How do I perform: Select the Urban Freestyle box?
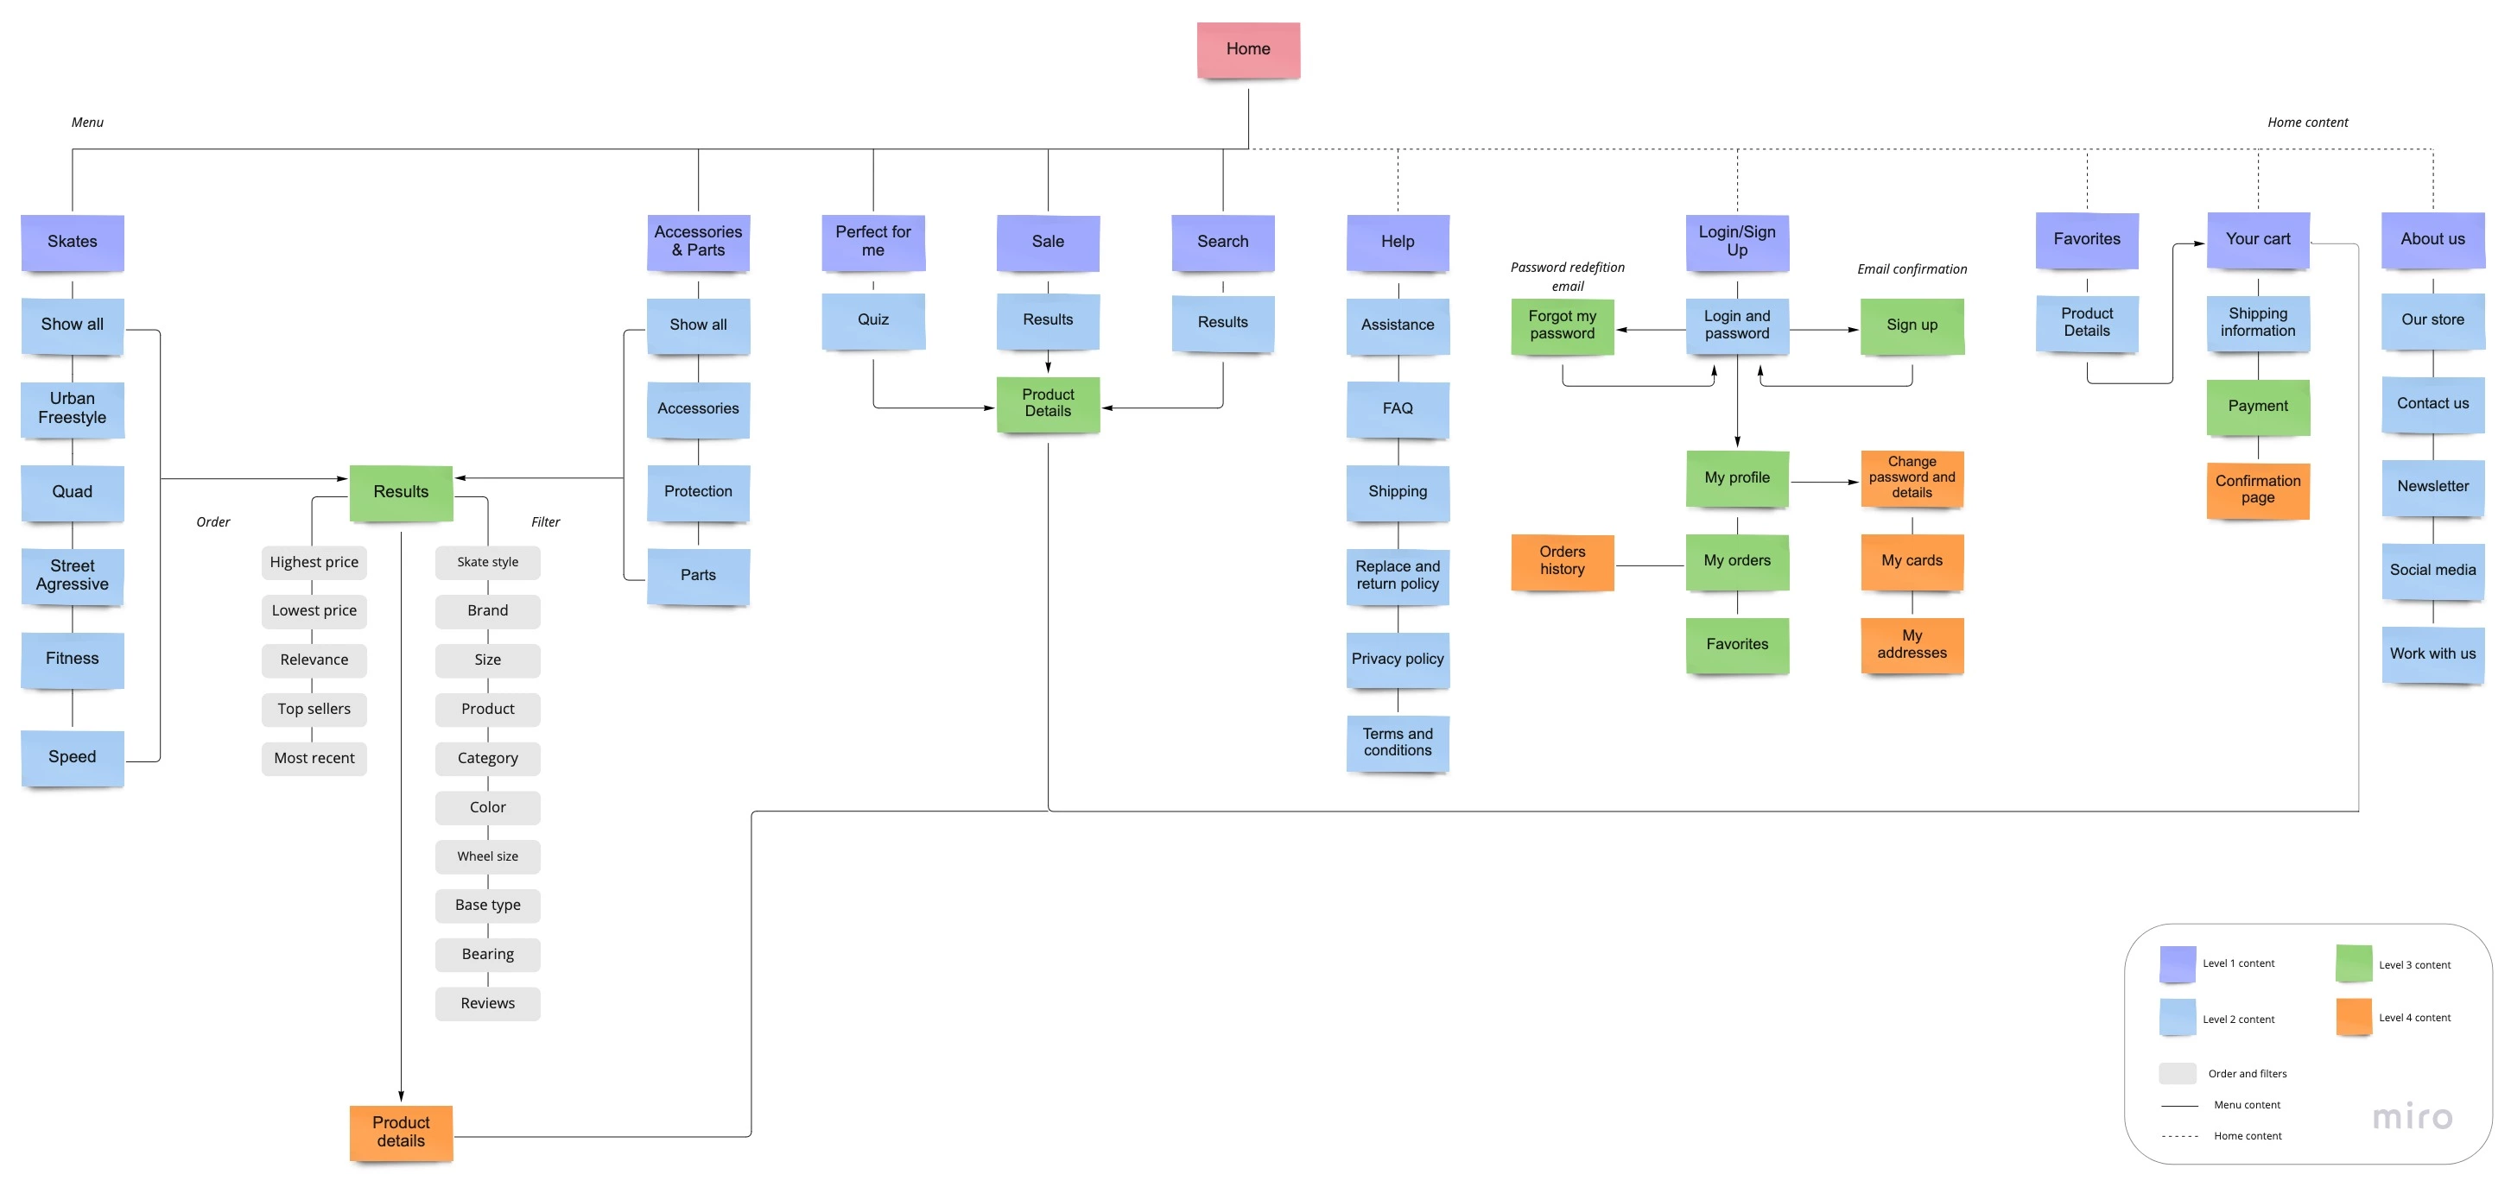(x=73, y=408)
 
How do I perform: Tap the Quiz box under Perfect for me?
(x=872, y=319)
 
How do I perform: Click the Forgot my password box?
(x=1562, y=325)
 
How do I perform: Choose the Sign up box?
(x=1912, y=325)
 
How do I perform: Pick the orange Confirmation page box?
(x=2258, y=489)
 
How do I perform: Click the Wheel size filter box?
(x=487, y=856)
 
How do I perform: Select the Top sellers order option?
(x=314, y=709)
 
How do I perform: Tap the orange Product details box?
(x=401, y=1133)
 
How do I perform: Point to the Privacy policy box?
(x=1397, y=659)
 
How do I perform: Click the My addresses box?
(x=1912, y=644)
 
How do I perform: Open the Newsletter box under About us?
(x=2432, y=486)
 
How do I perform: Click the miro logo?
(x=2412, y=1117)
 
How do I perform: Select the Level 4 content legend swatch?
(x=2353, y=1018)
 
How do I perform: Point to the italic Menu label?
(x=86, y=123)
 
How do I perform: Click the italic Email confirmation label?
(x=1912, y=269)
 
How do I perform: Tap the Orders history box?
(x=1562, y=561)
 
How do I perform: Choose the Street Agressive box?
(x=73, y=575)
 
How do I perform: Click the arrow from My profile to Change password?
(x=1823, y=483)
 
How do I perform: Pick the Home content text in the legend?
(x=2247, y=1136)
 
